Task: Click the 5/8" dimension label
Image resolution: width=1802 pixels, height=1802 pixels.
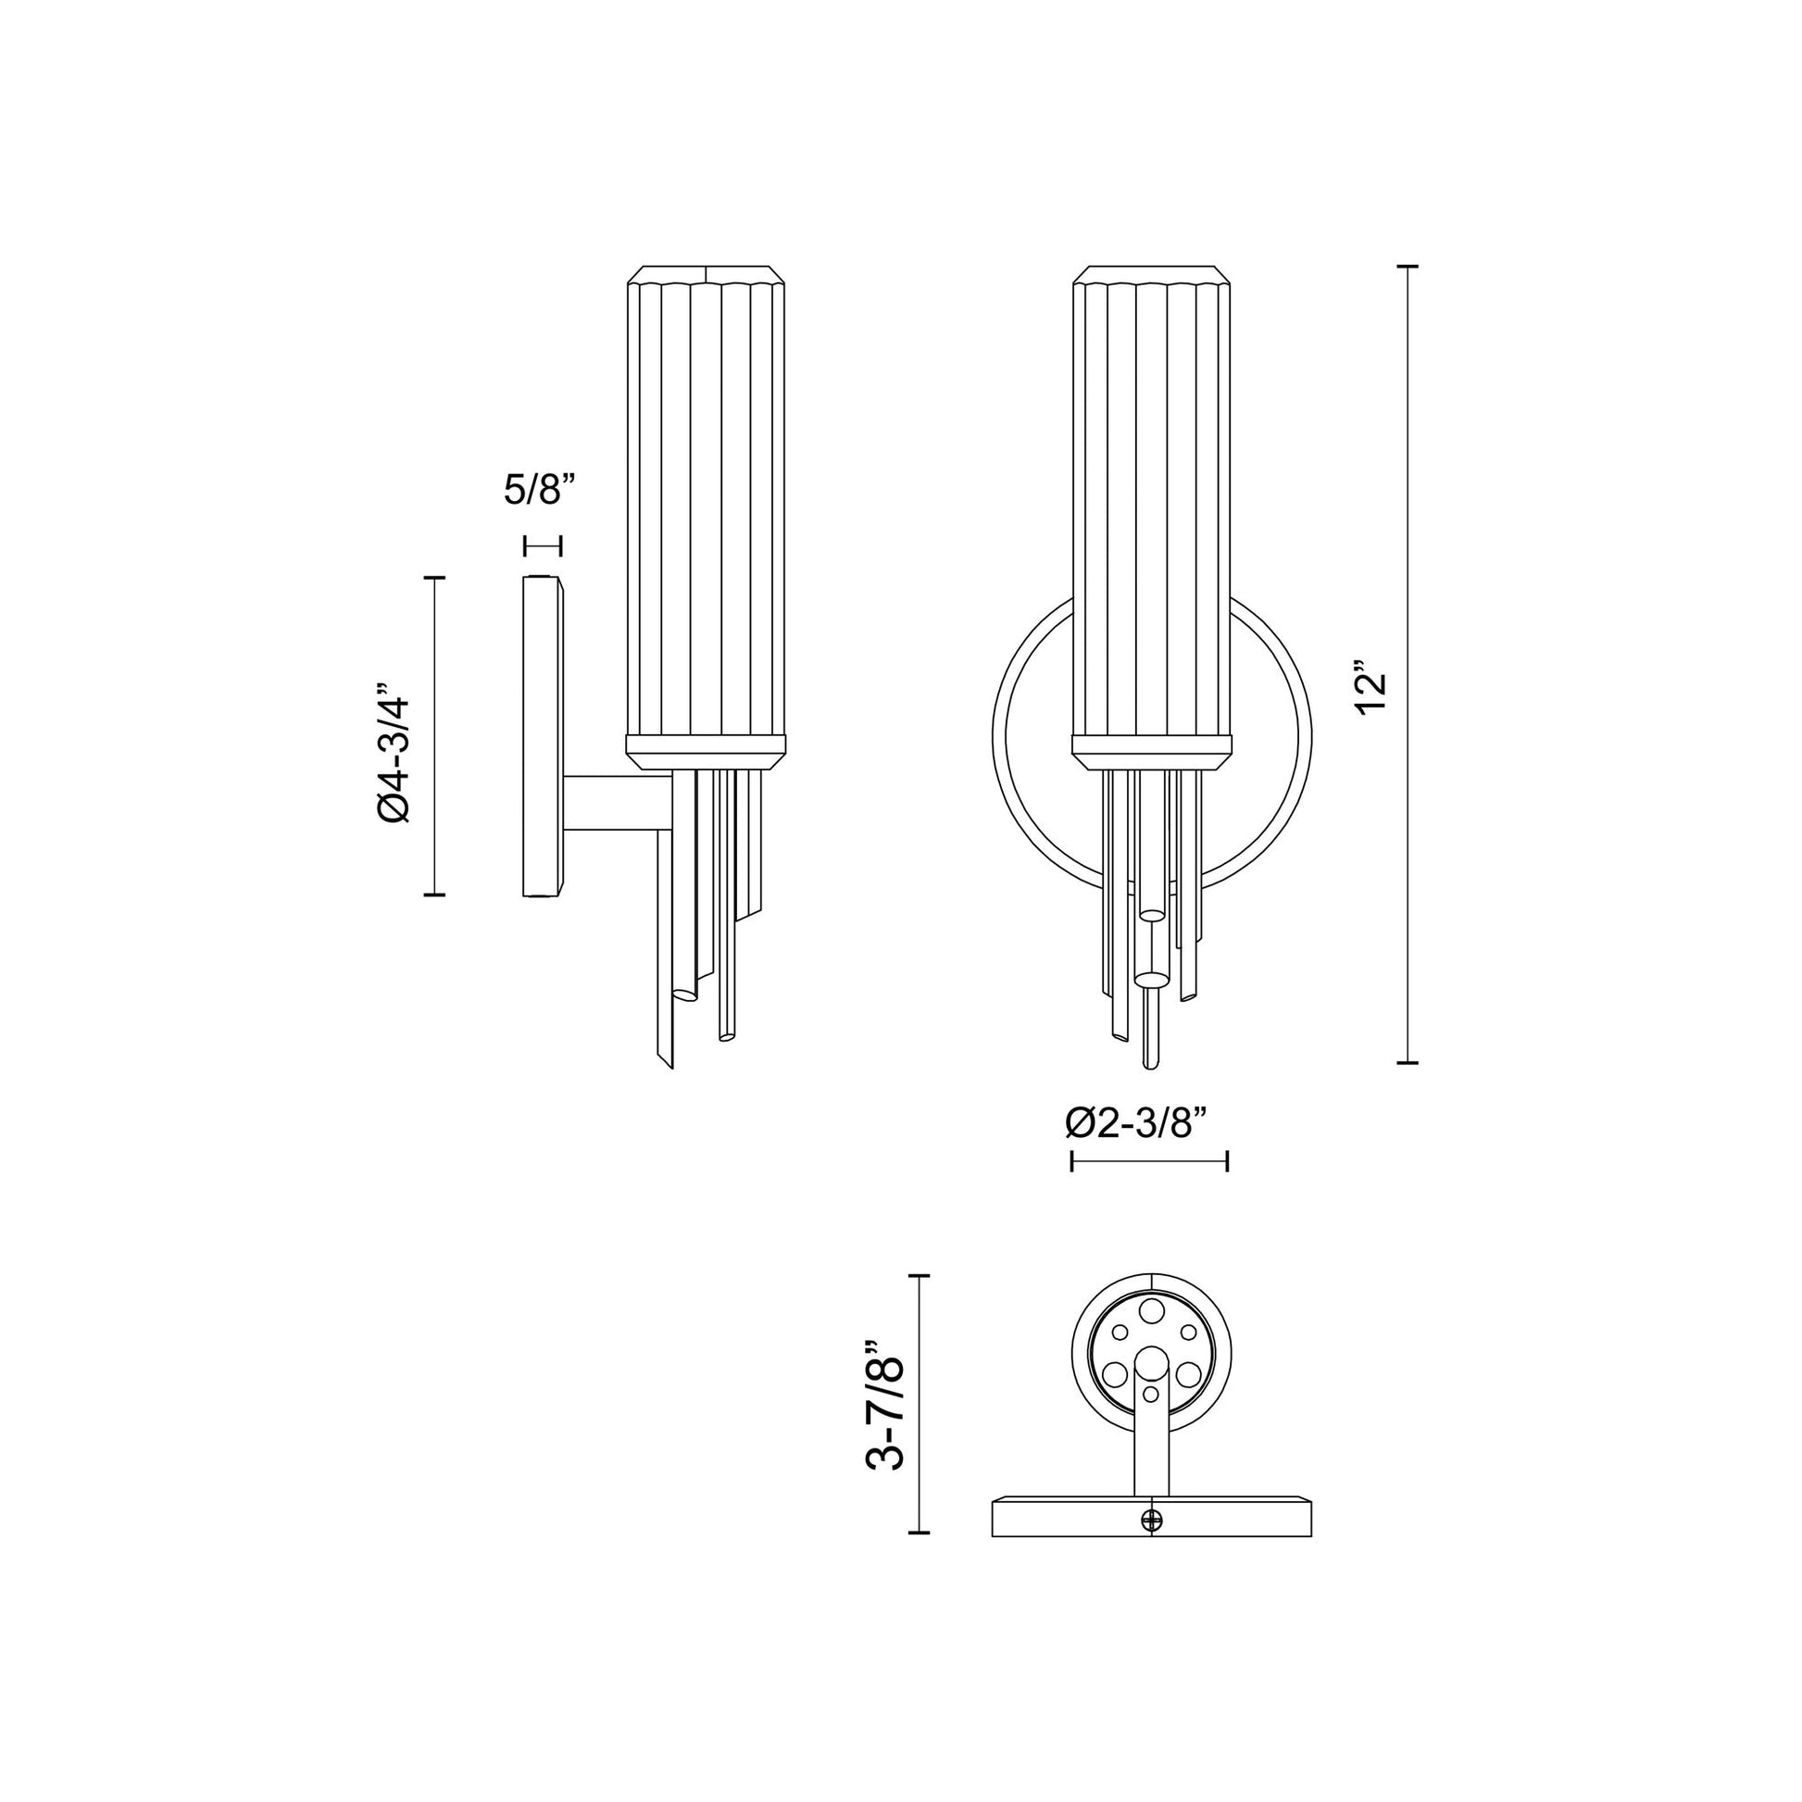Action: point(539,489)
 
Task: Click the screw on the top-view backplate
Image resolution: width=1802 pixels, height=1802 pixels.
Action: point(1153,1520)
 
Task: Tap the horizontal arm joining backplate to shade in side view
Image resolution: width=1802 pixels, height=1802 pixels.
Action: point(616,803)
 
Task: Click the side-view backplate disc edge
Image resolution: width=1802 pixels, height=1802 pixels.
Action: point(541,737)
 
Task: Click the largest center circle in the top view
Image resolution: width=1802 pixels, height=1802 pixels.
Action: point(1153,1364)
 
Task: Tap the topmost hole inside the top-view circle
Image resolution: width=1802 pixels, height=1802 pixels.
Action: point(1153,1309)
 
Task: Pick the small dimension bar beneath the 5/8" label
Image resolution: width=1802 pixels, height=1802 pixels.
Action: point(543,545)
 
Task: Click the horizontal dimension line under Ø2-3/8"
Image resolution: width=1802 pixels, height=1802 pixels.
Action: point(1149,1161)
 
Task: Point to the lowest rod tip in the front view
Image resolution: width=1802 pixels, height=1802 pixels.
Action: point(1151,1064)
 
